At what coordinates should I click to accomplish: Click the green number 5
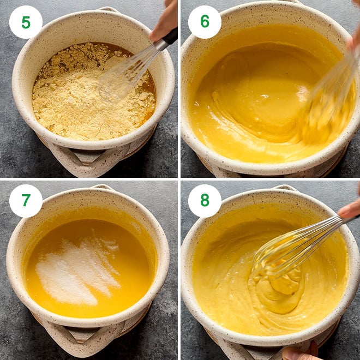click(x=26, y=22)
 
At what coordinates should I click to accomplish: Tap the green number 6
click(x=205, y=22)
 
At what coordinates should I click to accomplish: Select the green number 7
click(x=26, y=200)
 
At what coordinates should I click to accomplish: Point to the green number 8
click(x=205, y=200)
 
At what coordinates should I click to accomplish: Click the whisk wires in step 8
click(x=296, y=248)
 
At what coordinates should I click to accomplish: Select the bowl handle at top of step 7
click(x=103, y=187)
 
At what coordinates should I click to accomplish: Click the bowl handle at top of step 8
click(x=285, y=188)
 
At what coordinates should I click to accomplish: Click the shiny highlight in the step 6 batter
click(x=264, y=96)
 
